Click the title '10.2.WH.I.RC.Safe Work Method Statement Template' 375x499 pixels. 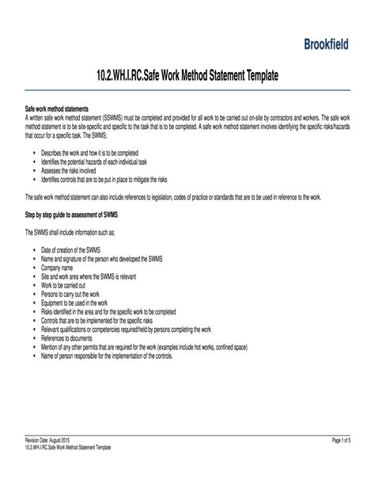[x=187, y=77]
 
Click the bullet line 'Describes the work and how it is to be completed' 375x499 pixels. [x=95, y=151]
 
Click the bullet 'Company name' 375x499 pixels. [x=62, y=268]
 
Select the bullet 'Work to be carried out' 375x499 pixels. [x=69, y=285]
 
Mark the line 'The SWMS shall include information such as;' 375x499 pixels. [x=80, y=232]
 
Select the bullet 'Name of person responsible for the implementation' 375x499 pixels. [x=118, y=354]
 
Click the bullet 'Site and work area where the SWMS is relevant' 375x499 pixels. [x=96, y=276]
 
